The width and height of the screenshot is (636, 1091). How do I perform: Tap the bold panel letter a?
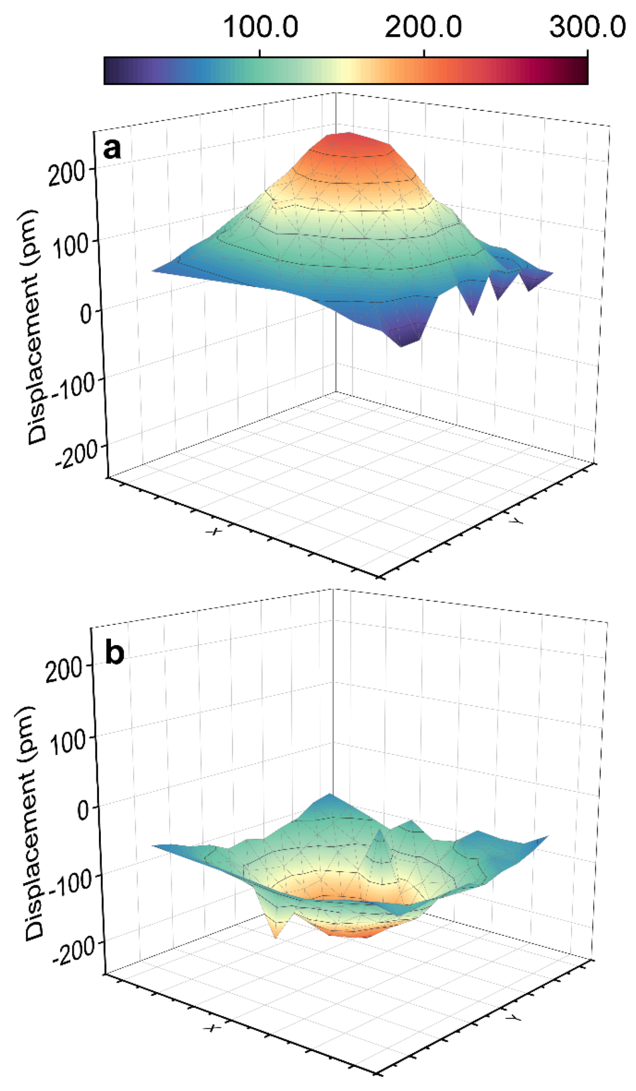point(112,148)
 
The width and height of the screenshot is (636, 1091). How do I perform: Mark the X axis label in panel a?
point(214,531)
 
